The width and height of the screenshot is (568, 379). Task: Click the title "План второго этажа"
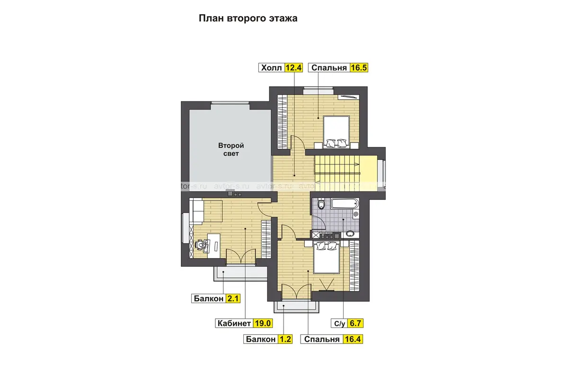(248, 18)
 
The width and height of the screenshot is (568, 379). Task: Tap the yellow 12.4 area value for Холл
(293, 68)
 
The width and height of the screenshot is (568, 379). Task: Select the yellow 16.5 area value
(359, 68)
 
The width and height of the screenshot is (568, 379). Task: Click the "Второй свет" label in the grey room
(231, 150)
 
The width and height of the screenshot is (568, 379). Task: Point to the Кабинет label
(234, 324)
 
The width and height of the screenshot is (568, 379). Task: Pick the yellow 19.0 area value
(263, 324)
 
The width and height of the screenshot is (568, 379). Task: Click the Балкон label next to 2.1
(208, 298)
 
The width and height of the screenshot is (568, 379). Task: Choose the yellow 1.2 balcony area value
(285, 339)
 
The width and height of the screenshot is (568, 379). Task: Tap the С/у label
(339, 324)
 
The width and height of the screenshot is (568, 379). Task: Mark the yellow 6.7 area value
(355, 324)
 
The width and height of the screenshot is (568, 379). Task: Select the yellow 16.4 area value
(353, 339)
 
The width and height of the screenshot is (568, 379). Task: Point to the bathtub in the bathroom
(345, 204)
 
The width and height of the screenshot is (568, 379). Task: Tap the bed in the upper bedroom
(336, 132)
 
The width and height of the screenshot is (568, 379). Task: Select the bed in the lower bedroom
(326, 257)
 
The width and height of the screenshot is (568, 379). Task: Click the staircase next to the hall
(337, 169)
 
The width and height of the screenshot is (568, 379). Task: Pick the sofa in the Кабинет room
(196, 211)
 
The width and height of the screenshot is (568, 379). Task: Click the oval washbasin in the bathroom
(350, 234)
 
